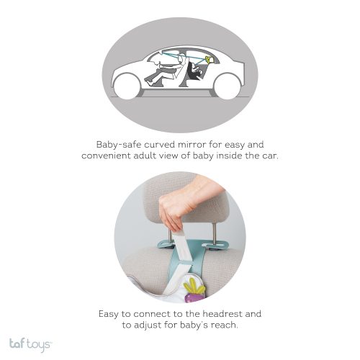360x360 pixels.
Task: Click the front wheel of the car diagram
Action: point(127,86)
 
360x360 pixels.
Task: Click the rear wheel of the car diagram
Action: point(228,86)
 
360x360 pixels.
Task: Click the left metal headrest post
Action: point(170,235)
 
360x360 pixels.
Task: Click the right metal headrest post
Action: point(214,234)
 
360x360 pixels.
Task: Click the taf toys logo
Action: point(30,344)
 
